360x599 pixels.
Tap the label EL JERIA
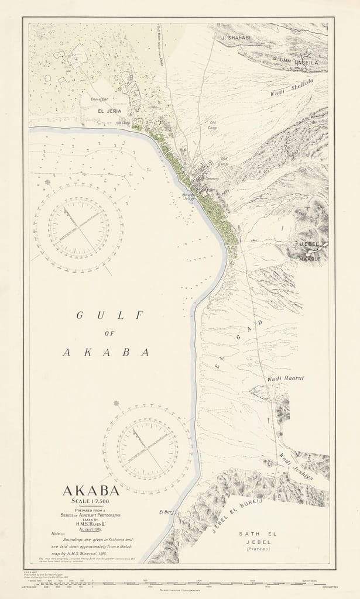[x=109, y=110]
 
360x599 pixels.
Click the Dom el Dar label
[x=101, y=99]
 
